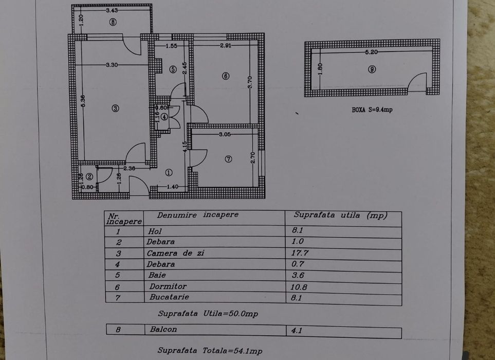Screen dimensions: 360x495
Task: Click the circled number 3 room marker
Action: [115, 108]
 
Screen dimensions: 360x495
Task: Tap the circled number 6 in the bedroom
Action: [225, 76]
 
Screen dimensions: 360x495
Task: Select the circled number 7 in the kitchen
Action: [229, 159]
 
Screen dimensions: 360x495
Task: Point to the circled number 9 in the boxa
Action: [372, 69]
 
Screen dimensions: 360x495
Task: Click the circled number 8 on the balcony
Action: [113, 22]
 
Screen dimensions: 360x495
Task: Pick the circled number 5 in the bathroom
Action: [173, 68]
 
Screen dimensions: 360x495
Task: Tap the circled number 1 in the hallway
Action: [169, 173]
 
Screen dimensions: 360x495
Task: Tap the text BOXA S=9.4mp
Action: [372, 110]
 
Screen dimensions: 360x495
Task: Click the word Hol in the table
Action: [154, 231]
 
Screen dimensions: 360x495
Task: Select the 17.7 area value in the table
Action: [300, 253]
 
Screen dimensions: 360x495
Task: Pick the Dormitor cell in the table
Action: [167, 286]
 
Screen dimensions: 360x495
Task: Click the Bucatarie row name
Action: [169, 297]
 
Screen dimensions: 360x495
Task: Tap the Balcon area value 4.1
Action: [297, 331]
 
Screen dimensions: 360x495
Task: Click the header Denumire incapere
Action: [198, 215]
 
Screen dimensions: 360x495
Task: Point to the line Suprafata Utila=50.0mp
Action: [208, 314]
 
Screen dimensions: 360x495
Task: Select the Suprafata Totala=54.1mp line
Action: [210, 351]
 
